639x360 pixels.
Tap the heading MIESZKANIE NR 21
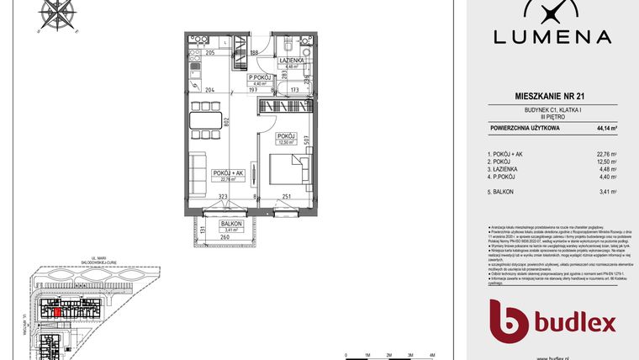pos(554,98)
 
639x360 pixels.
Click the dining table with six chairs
pos(203,119)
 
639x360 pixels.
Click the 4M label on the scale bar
pos(431,355)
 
